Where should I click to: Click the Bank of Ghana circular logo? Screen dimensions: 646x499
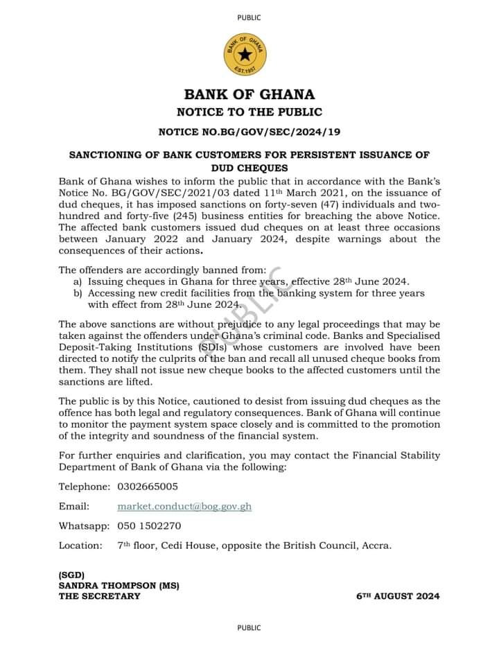pyautogui.click(x=249, y=53)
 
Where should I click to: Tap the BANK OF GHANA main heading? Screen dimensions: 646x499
pyautogui.click(x=249, y=94)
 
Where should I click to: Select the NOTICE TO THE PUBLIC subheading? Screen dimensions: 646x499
pyautogui.click(x=249, y=112)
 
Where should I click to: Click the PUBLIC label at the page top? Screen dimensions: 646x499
pyautogui.click(x=249, y=17)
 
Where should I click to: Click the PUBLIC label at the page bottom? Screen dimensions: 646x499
pyautogui.click(x=249, y=628)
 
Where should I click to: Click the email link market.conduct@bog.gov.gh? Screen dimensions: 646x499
pyautogui.click(x=184, y=506)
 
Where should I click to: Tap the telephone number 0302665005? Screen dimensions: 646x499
pyautogui.click(x=148, y=487)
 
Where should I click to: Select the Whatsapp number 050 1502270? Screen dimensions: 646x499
pyautogui.click(x=149, y=525)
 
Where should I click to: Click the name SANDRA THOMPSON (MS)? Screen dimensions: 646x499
pyautogui.click(x=119, y=586)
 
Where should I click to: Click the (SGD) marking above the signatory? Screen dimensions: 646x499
pyautogui.click(x=71, y=575)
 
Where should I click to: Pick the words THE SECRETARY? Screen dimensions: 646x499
pyautogui.click(x=99, y=596)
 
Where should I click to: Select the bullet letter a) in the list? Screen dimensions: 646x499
pyautogui.click(x=78, y=282)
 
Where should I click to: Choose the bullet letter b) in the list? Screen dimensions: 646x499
pyautogui.click(x=78, y=293)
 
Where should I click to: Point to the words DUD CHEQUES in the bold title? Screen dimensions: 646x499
pyautogui.click(x=249, y=168)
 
